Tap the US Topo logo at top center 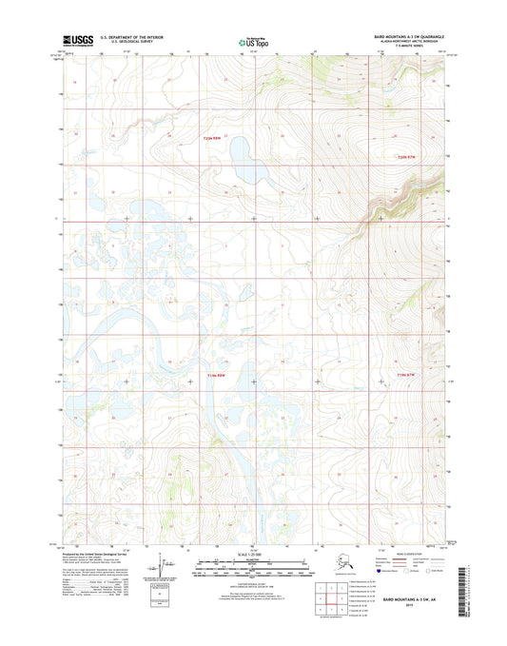252,41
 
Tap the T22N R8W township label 218,139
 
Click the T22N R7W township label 406,156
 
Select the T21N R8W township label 218,376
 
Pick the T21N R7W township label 406,376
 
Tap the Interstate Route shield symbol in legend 399,574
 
